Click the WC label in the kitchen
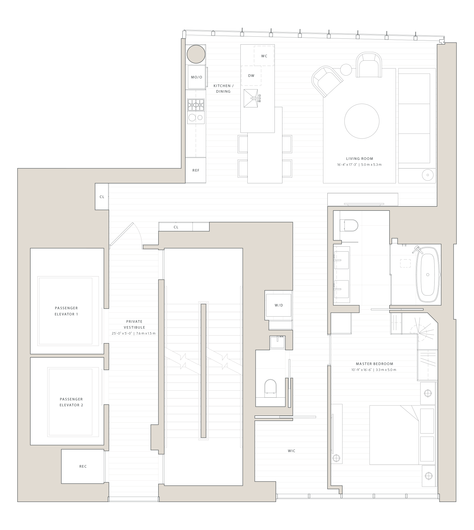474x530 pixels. pos(264,56)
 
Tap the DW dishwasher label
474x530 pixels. pos(251,76)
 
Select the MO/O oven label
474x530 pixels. pos(196,77)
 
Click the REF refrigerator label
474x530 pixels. pos(196,170)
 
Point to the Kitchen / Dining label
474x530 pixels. pos(223,89)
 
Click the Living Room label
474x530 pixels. pos(360,159)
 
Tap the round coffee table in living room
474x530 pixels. pos(362,121)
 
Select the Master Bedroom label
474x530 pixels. pos(374,364)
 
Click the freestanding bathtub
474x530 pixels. pos(428,275)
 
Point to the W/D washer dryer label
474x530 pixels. pos(279,305)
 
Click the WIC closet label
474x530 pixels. pos(291,451)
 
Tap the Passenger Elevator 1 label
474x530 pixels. pos(66,311)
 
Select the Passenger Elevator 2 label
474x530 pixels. pos(71,402)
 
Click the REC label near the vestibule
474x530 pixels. pos(83,466)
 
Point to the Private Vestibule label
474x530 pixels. pos(134,324)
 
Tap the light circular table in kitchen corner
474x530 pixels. pos(196,54)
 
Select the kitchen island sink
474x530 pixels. pos(251,98)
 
